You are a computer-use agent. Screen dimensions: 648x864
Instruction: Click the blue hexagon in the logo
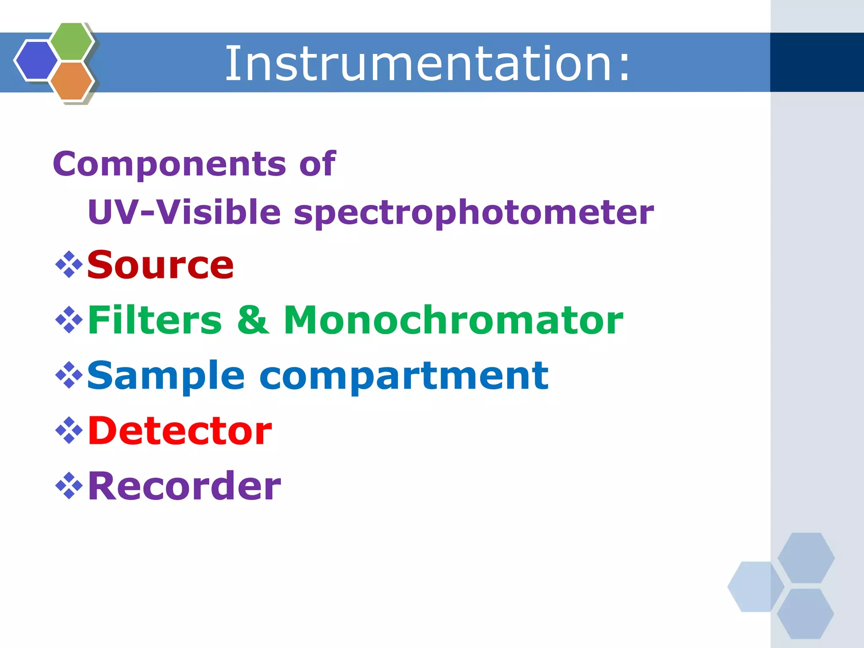(x=36, y=60)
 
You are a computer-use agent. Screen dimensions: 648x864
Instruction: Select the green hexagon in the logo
(x=72, y=41)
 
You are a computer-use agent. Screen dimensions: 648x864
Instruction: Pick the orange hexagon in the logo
(x=72, y=81)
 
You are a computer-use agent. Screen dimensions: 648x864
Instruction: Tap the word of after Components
(x=317, y=164)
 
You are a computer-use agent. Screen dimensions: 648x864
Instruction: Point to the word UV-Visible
(x=184, y=212)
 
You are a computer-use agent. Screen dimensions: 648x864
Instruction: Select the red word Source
(x=160, y=265)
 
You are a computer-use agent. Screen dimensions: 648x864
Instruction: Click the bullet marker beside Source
(x=69, y=265)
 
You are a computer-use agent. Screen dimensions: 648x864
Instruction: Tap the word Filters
(x=154, y=320)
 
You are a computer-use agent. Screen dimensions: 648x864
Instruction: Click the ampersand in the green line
(x=252, y=320)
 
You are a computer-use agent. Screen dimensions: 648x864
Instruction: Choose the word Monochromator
(x=453, y=320)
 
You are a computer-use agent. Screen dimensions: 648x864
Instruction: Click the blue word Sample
(x=165, y=376)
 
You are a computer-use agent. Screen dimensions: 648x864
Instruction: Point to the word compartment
(x=404, y=376)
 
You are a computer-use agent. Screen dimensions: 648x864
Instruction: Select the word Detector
(x=180, y=431)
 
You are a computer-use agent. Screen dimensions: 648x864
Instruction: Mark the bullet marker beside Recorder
(x=69, y=486)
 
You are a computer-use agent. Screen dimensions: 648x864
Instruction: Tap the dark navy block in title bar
(x=817, y=62)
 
